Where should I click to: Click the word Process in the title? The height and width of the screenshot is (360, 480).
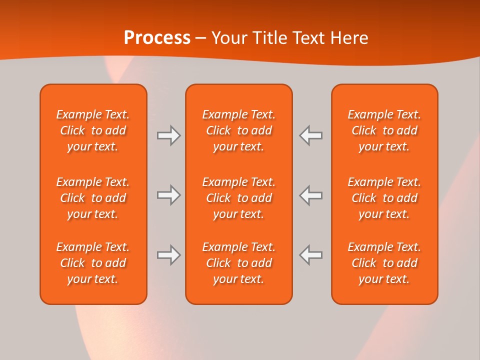click(x=157, y=37)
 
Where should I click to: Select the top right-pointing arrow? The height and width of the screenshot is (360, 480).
click(x=168, y=135)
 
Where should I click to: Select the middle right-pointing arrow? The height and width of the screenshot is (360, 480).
click(x=168, y=195)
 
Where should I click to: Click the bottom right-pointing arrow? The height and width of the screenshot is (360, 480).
click(x=168, y=255)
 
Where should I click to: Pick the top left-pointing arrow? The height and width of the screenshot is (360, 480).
click(x=311, y=135)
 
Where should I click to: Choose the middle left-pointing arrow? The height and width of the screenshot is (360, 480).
click(x=311, y=195)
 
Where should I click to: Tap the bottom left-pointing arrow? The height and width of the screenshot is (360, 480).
click(x=311, y=255)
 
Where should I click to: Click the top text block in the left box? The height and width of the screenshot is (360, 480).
click(x=93, y=130)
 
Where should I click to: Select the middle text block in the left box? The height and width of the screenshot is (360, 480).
click(x=93, y=198)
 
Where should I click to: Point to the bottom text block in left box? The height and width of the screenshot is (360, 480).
click(x=93, y=263)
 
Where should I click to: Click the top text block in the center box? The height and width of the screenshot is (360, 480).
click(x=238, y=130)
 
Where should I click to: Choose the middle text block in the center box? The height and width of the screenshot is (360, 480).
click(x=238, y=198)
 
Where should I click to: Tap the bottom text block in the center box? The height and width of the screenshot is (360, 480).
click(x=238, y=263)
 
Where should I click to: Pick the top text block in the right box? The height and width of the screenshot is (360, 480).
click(x=384, y=130)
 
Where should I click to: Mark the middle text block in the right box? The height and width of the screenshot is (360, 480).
click(x=384, y=198)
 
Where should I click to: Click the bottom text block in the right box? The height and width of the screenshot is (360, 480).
click(x=384, y=263)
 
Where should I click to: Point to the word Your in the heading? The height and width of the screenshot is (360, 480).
click(x=230, y=37)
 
